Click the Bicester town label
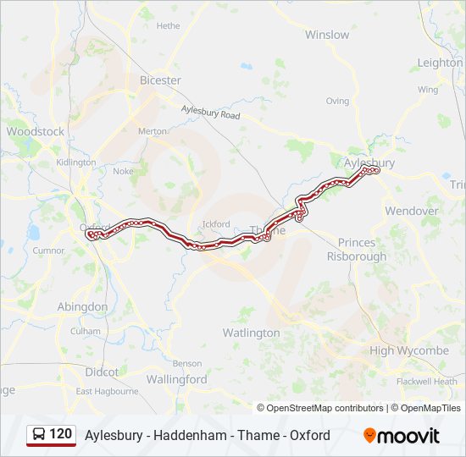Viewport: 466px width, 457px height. pos(160,80)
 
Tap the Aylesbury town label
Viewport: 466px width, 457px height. pos(369,162)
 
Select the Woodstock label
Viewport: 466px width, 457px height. pos(35,131)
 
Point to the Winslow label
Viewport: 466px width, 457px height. pos(327,35)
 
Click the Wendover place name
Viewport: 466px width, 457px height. pos(412,211)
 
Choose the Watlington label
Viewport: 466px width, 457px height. pos(251,333)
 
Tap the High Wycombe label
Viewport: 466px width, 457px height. pos(409,350)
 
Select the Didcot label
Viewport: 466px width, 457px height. pos(102,372)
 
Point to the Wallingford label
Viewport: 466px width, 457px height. pos(176,380)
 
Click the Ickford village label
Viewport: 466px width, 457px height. pos(216,224)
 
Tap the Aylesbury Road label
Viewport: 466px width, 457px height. pos(211,111)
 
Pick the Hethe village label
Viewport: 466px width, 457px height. pos(168,26)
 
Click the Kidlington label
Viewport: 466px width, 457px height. pos(75,162)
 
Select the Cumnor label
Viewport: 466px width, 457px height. pos(48,251)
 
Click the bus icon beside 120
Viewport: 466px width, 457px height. pos(39,435)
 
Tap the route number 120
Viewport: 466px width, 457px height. pos(61,434)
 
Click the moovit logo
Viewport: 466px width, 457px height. pos(402,436)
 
